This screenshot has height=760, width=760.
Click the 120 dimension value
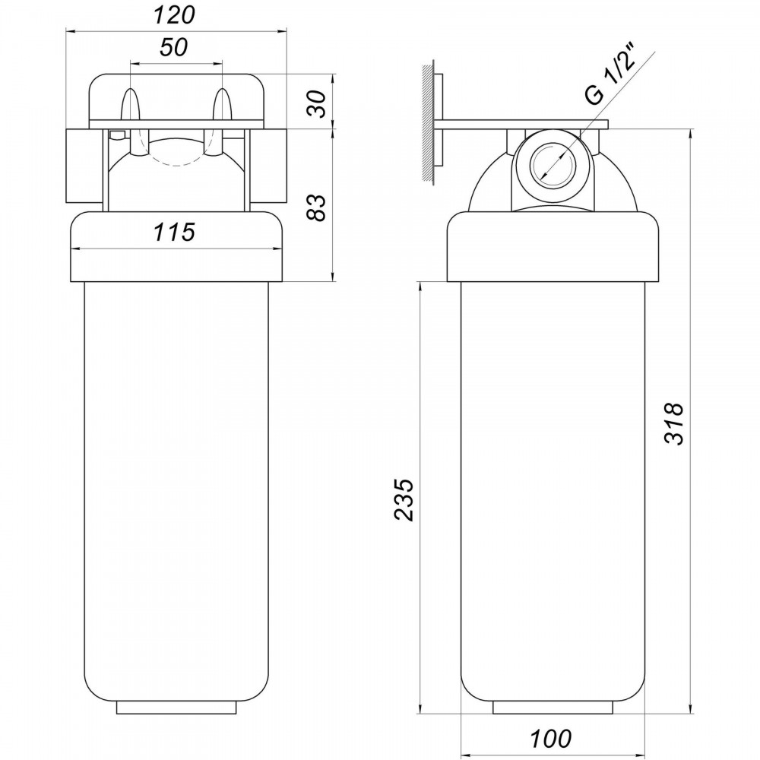174,15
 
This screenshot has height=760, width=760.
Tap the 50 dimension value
173,47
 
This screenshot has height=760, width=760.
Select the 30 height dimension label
318,103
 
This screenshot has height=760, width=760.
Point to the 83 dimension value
318,207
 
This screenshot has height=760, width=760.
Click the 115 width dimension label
174,232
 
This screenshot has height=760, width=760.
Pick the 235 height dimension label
404,500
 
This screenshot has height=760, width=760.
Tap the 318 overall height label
673,423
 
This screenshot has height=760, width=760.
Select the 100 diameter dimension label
550,739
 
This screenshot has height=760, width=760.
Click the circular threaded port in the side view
553,164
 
